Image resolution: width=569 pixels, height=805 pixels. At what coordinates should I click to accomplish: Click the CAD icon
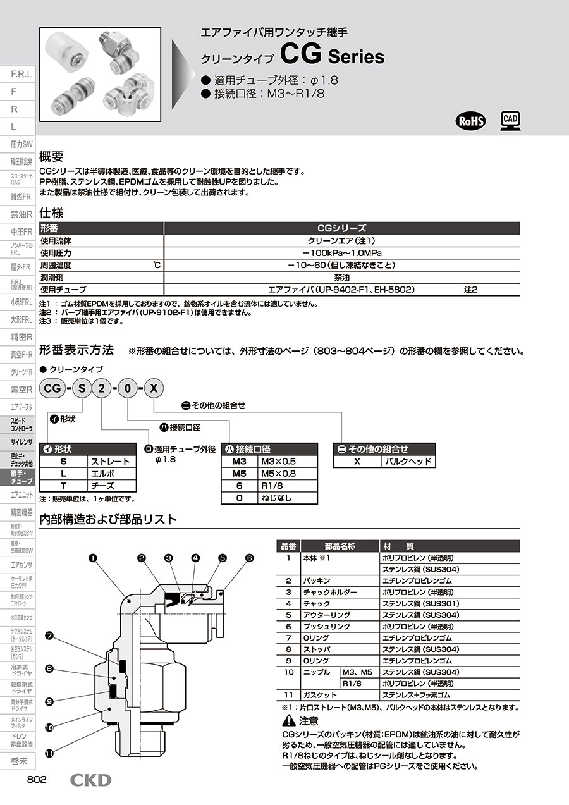coord(510,120)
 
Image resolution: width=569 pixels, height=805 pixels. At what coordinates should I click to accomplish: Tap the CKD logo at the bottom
coord(90,780)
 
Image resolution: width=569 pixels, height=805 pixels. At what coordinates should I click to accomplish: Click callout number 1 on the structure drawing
coord(93,558)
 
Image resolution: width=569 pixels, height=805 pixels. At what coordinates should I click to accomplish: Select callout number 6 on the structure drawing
coord(249,558)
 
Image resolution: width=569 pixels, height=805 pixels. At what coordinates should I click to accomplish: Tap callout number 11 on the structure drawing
coord(49,754)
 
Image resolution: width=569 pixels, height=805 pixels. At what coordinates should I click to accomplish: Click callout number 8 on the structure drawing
coord(49,668)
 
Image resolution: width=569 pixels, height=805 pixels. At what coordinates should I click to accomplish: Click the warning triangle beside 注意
coord(288,721)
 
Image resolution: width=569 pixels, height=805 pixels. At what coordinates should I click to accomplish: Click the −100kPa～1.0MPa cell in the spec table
coord(341,253)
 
